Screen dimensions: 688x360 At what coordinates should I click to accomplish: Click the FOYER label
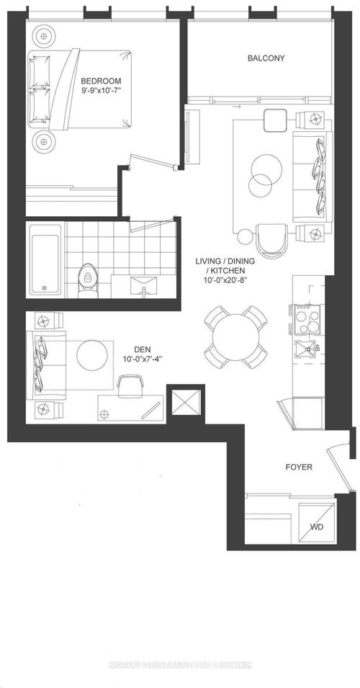298,468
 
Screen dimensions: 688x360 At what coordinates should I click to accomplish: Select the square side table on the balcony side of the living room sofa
274,120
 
